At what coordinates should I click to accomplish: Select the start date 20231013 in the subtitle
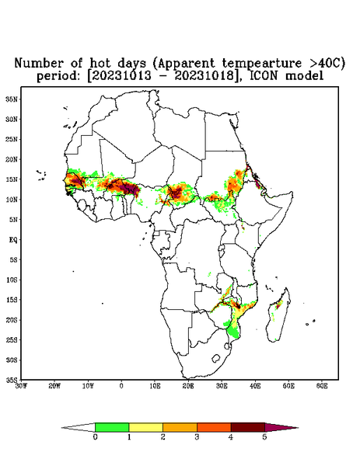click(121, 76)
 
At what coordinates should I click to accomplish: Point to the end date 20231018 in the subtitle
click(204, 76)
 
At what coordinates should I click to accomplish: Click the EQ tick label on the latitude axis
click(13, 240)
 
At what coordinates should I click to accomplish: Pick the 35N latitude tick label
click(12, 99)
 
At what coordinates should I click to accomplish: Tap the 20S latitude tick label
click(12, 320)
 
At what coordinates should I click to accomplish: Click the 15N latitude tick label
click(12, 179)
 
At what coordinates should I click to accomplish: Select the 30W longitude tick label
click(22, 386)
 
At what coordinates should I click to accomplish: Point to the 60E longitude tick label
click(322, 386)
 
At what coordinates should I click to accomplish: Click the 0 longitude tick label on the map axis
click(121, 386)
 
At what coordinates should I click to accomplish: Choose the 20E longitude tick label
click(188, 386)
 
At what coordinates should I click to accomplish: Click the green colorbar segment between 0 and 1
click(112, 427)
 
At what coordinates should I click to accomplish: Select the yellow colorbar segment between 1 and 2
click(145, 427)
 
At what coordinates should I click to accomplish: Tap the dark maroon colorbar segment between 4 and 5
click(248, 427)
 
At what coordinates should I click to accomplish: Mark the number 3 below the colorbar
click(197, 437)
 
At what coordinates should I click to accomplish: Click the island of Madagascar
click(279, 315)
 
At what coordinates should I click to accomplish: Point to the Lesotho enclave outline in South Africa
click(215, 358)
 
